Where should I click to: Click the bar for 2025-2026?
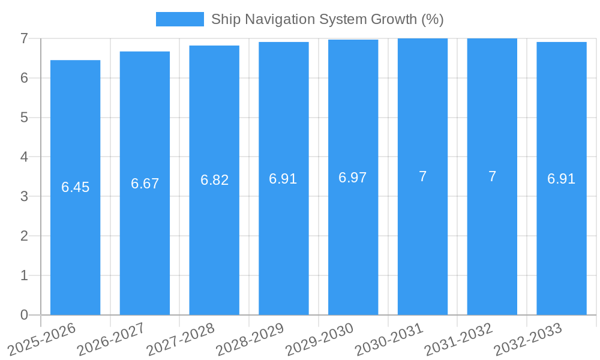coord(75,240)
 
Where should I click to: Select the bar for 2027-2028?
coord(214,240)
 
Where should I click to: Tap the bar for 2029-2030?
coord(353,240)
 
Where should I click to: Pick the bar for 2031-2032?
coord(492,240)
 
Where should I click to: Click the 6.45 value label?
coord(75,187)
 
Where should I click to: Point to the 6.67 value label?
coord(145,184)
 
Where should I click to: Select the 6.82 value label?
coord(214,180)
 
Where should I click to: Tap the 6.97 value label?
coord(353,178)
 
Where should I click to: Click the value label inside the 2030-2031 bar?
coord(422,176)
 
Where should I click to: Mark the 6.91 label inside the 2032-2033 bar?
coord(561,179)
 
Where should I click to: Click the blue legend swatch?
coord(179,19)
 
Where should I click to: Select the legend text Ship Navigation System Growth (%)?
coord(327,19)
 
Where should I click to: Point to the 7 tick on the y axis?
coord(24,38)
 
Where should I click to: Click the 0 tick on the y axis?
coord(24,315)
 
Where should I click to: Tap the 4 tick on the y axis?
coord(24,157)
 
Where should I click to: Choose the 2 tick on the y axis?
coord(24,236)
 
